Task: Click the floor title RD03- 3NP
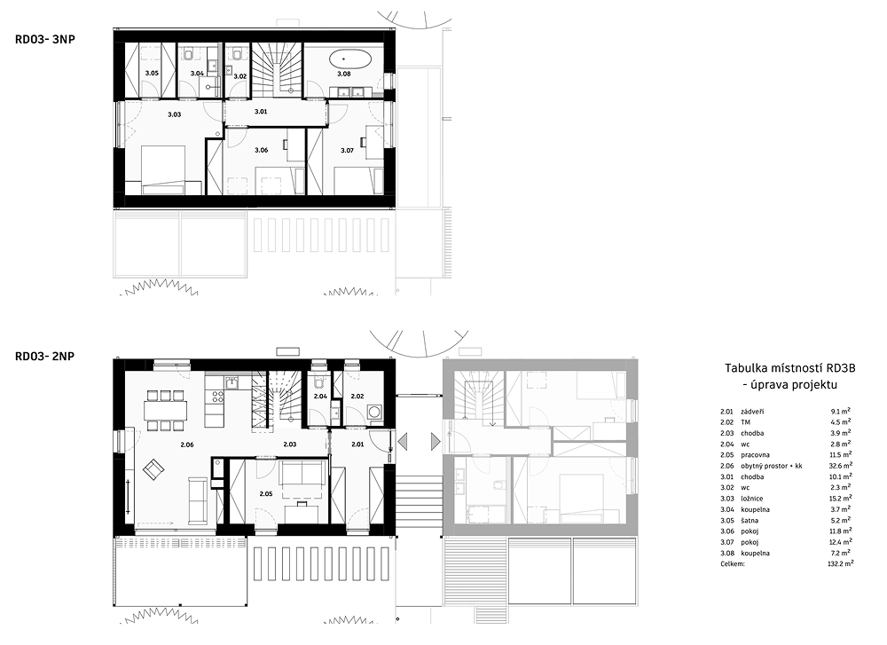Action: click(x=45, y=39)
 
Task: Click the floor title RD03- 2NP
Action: click(x=45, y=357)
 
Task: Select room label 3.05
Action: click(x=152, y=73)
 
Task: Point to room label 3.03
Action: click(x=174, y=114)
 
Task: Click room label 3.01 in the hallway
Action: click(x=261, y=112)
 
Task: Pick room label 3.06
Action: click(x=262, y=150)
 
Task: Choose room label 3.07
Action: click(x=348, y=150)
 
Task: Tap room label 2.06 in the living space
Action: click(x=187, y=444)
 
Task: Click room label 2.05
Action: click(x=266, y=494)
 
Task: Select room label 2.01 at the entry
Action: click(x=357, y=444)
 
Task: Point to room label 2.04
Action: click(x=320, y=396)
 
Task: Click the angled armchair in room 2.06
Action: click(x=153, y=469)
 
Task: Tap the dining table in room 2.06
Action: click(x=165, y=410)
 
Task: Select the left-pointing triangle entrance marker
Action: click(x=402, y=441)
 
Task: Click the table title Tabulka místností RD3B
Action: click(x=790, y=368)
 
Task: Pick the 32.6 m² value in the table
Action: click(x=840, y=466)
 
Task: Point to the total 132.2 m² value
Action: click(x=840, y=563)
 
